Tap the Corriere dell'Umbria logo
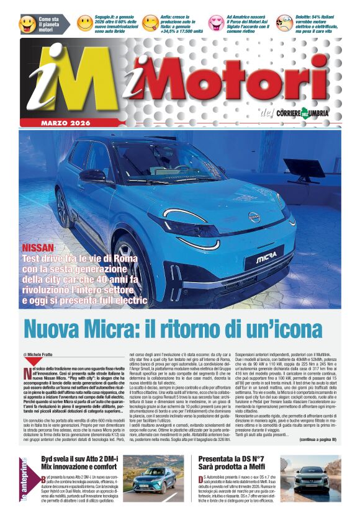click(x=303, y=113)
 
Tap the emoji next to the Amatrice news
click(x=216, y=23)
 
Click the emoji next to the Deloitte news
click(x=284, y=23)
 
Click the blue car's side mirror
click(x=93, y=176)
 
